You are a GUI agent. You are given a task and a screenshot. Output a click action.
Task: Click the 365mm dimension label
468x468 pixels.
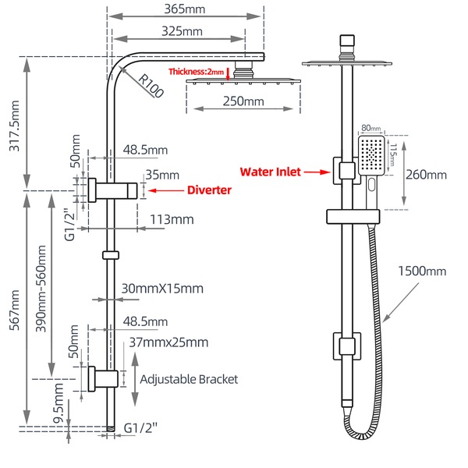tap(185, 9)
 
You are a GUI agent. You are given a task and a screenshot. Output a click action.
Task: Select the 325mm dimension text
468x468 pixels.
tap(185, 32)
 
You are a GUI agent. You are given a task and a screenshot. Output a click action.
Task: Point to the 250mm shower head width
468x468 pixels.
tap(243, 101)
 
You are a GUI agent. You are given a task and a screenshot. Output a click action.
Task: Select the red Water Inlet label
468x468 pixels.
tap(271, 171)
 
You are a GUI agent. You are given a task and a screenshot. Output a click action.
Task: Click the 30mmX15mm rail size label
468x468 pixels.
tap(161, 289)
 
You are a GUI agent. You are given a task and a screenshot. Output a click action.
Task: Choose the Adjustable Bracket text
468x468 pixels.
tap(188, 379)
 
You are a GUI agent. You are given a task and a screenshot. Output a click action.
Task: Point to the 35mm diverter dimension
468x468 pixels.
tap(161, 175)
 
